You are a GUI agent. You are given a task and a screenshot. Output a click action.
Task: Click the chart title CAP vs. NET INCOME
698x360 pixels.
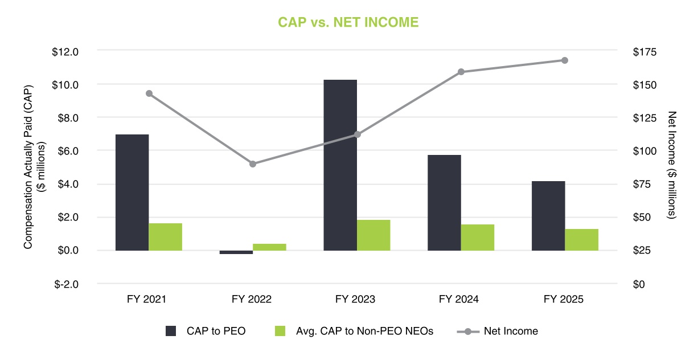pyautogui.click(x=348, y=22)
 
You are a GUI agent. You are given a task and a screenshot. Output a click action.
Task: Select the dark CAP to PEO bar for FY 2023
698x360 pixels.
pyautogui.click(x=340, y=165)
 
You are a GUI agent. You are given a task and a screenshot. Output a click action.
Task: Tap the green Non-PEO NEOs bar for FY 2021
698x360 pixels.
pyautogui.click(x=166, y=236)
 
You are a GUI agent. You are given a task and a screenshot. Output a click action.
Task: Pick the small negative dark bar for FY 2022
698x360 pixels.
pyautogui.click(x=236, y=252)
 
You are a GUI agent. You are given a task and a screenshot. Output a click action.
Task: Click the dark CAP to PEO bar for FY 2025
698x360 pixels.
pyautogui.click(x=548, y=216)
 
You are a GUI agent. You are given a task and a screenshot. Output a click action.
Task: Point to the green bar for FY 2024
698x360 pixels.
pyautogui.click(x=478, y=237)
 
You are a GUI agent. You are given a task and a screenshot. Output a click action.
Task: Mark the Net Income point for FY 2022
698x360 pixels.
pyautogui.click(x=253, y=164)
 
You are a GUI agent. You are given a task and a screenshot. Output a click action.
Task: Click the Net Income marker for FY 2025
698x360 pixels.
pyautogui.click(x=565, y=60)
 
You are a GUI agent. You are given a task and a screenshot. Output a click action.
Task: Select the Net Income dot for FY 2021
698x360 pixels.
pyautogui.click(x=149, y=93)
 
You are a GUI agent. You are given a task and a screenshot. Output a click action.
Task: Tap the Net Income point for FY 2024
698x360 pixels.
pyautogui.click(x=461, y=72)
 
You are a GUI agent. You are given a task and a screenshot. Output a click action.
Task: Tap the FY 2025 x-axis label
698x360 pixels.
pyautogui.click(x=564, y=299)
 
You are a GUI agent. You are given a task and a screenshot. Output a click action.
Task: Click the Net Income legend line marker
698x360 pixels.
pyautogui.click(x=468, y=331)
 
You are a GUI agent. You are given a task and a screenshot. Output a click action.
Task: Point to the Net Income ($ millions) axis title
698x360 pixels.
pyautogui.click(x=671, y=165)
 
